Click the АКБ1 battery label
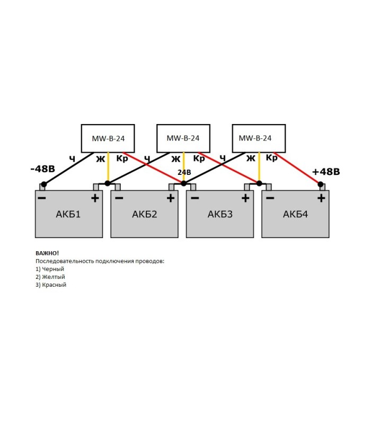coord(68,215)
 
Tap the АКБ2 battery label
coord(145,215)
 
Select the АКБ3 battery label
coord(220,215)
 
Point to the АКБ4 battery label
coord(296,215)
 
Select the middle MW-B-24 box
coord(183,138)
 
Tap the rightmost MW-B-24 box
coord(259,138)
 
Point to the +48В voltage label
coord(325,172)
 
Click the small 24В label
coord(184,173)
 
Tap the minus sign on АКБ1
coord(42,198)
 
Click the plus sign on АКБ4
coord(321,198)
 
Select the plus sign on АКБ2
coord(170,198)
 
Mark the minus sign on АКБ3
coord(194,198)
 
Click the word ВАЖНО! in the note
coord(47,253)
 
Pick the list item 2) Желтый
coord(50,277)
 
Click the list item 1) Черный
coord(50,269)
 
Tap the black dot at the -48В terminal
coord(44,184)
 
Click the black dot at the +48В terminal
coord(321,184)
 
